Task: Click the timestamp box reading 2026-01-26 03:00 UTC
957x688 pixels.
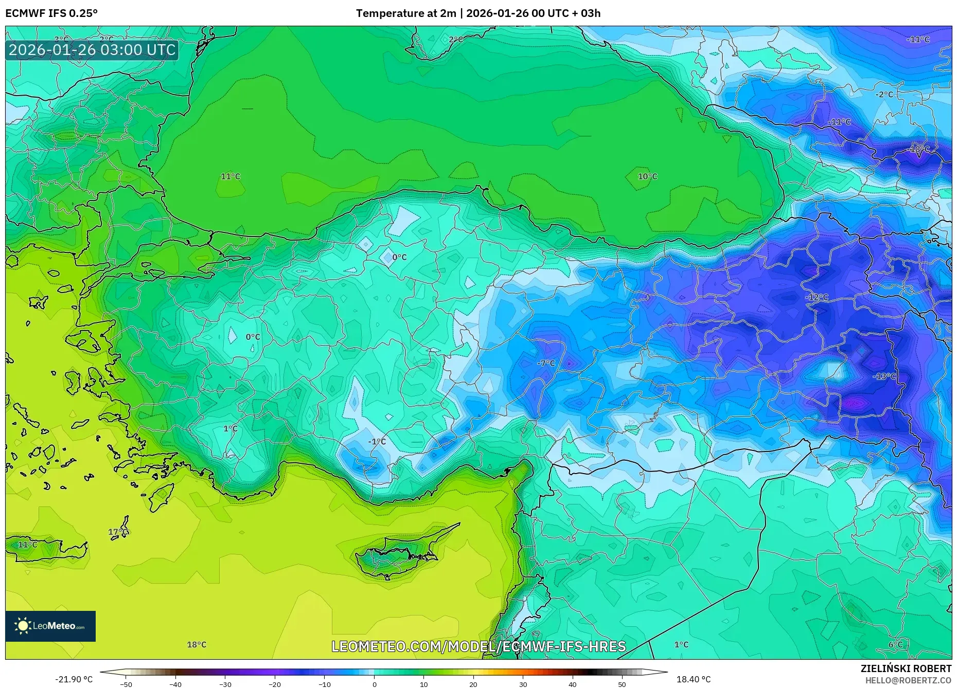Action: coord(92,50)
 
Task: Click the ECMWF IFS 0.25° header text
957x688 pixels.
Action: coord(51,13)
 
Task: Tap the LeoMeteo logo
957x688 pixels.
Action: coord(50,626)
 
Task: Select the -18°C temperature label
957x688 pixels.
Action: coord(919,149)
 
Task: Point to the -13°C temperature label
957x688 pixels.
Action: coord(884,376)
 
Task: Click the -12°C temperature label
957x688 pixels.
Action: coord(817,297)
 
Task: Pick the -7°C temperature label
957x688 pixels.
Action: coord(546,363)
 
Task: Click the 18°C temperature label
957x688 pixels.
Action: coord(197,644)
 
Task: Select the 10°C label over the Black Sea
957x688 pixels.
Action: coord(647,176)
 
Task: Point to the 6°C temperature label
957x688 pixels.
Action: coord(895,644)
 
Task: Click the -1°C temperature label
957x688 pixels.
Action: coord(377,442)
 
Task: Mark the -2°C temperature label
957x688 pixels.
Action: coord(884,95)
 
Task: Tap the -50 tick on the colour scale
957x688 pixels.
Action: coord(126,684)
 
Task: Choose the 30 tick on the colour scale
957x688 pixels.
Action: coord(523,684)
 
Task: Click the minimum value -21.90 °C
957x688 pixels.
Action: coord(74,679)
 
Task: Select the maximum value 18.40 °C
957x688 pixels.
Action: coord(693,679)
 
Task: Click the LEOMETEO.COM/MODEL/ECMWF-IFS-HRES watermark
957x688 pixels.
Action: coord(478,646)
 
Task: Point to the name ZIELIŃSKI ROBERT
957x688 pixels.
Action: coord(906,668)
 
